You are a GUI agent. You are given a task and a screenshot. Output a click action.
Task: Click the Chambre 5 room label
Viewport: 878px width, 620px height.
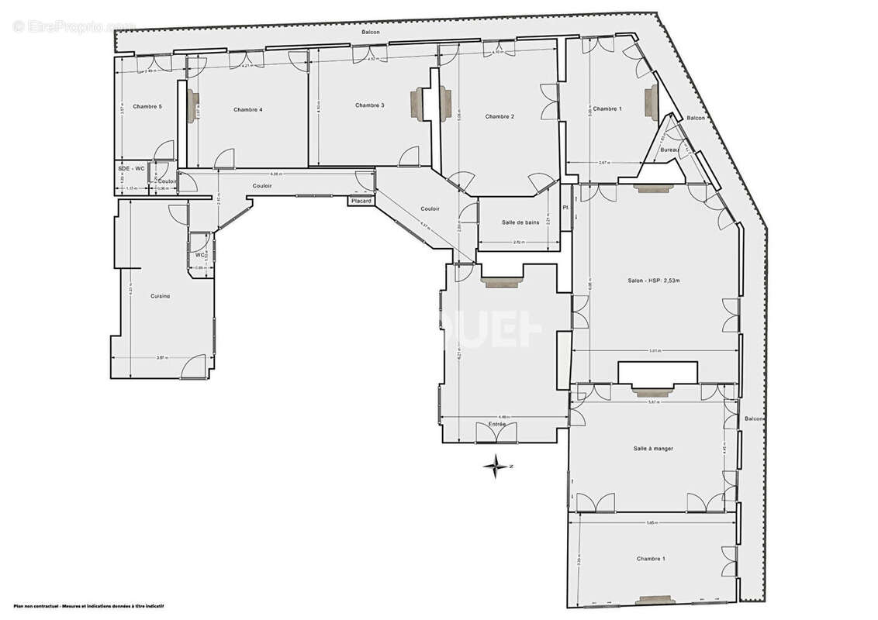pos(147,106)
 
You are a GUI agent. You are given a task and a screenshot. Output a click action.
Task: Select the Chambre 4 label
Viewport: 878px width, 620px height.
pos(247,110)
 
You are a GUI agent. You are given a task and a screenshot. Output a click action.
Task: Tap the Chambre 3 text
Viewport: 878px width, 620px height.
pos(370,105)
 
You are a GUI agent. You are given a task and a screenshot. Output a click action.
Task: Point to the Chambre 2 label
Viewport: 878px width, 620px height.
pos(499,117)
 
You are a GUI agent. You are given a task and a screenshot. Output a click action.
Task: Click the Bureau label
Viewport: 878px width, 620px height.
pos(669,150)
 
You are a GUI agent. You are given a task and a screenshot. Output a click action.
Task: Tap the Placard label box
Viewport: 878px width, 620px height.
pos(361,201)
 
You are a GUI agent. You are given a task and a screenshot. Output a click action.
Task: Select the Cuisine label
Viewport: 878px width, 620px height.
pos(161,296)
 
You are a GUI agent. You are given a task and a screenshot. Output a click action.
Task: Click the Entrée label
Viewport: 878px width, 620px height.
pos(496,425)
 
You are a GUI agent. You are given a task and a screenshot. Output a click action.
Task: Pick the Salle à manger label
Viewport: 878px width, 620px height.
pos(652,449)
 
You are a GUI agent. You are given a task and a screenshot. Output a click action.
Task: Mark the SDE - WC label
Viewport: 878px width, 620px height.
pos(131,169)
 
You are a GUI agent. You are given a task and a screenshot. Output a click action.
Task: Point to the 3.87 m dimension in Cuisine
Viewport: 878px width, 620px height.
pos(160,357)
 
